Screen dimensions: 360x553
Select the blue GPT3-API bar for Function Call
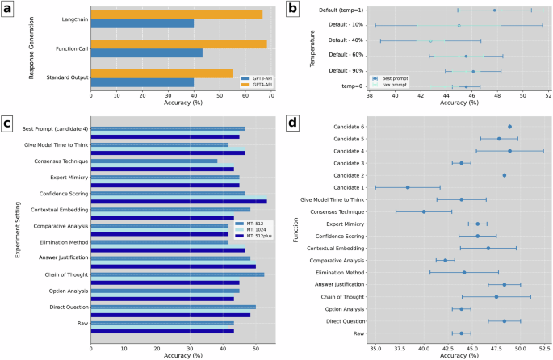(x=146, y=53)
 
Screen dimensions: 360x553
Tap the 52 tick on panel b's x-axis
(x=548, y=95)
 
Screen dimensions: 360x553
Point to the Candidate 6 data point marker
(x=509, y=127)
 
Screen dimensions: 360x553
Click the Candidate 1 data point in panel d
(x=408, y=187)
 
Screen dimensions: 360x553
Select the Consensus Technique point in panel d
(x=424, y=211)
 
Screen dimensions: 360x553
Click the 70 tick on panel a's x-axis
(x=271, y=95)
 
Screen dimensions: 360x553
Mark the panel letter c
(x=7, y=123)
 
